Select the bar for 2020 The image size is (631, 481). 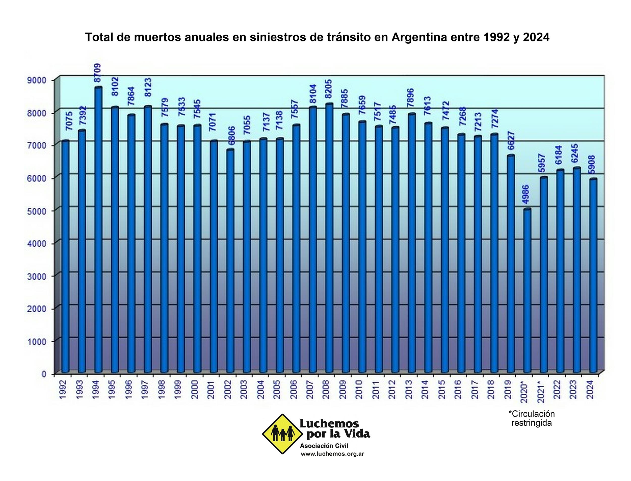(x=527, y=291)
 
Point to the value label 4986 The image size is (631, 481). (x=526, y=195)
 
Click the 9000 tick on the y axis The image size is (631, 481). (x=36, y=80)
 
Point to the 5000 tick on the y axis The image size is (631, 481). (x=36, y=211)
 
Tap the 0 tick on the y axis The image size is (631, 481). (x=44, y=374)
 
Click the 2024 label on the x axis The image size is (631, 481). (x=590, y=389)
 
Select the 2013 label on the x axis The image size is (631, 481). (x=409, y=389)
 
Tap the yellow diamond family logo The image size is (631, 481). (x=282, y=434)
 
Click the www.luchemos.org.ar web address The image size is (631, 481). (x=332, y=454)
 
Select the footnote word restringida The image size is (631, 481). (x=531, y=423)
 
